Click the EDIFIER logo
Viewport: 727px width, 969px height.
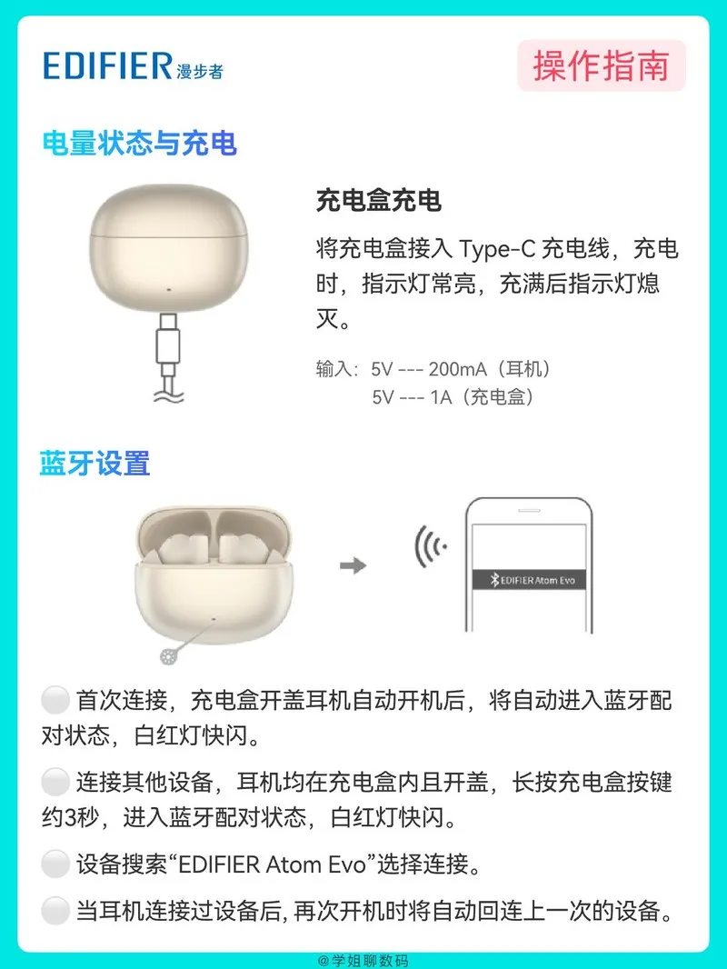pyautogui.click(x=133, y=66)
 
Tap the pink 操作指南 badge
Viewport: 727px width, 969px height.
pyautogui.click(x=601, y=65)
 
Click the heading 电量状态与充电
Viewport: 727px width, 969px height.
pyautogui.click(x=140, y=143)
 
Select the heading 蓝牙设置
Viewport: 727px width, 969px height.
pyautogui.click(x=95, y=464)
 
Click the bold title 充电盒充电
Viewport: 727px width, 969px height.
pyautogui.click(x=378, y=201)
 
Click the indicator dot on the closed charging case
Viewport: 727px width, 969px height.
pyautogui.click(x=169, y=288)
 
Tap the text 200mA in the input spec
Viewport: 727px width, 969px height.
pyautogui.click(x=458, y=369)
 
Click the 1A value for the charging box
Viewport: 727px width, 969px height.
pyautogui.click(x=441, y=396)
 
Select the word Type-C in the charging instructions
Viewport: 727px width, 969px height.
pyautogui.click(x=497, y=248)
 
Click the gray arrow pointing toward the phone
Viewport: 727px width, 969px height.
pyautogui.click(x=354, y=564)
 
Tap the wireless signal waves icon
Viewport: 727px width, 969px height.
pyautogui.click(x=431, y=546)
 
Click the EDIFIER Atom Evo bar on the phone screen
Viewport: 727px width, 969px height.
pyautogui.click(x=529, y=580)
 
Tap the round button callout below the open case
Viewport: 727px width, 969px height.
pyautogui.click(x=169, y=656)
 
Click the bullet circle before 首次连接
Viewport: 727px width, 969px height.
pyautogui.click(x=55, y=700)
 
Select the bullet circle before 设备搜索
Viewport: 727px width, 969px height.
pyautogui.click(x=55, y=864)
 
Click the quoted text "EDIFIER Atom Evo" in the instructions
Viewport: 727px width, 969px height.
pyautogui.click(x=273, y=864)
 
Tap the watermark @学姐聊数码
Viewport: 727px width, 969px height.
pyautogui.click(x=363, y=960)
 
